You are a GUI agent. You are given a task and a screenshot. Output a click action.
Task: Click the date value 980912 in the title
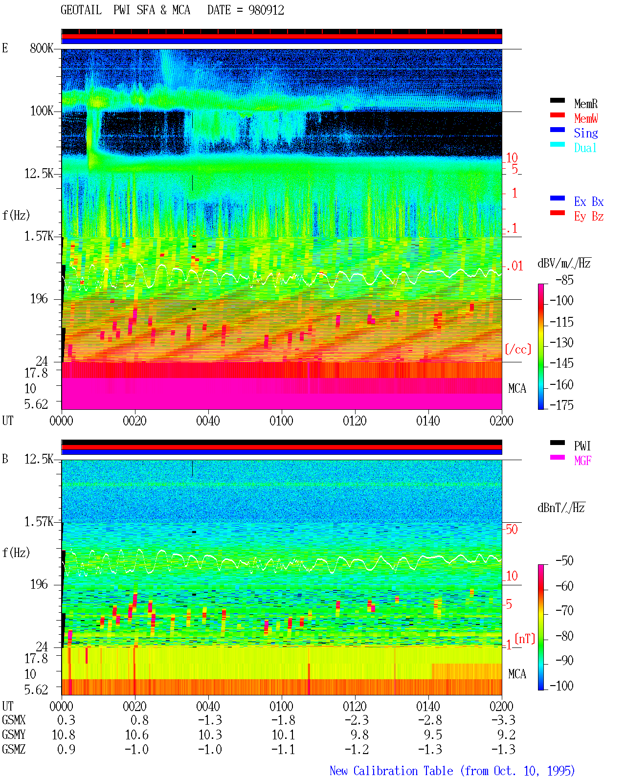[x=266, y=10]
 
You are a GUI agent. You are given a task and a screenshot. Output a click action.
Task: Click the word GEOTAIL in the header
[x=81, y=10]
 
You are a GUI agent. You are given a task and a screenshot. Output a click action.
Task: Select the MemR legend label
[x=586, y=104]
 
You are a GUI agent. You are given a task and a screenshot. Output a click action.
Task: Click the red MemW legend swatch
[x=557, y=115]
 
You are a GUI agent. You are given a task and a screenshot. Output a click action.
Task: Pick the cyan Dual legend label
[x=585, y=148]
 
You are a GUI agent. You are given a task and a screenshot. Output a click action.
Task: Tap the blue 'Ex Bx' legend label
[x=589, y=201]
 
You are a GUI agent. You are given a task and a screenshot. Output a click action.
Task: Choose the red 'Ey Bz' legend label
[x=589, y=217]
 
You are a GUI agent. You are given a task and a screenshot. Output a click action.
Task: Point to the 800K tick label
[x=42, y=48]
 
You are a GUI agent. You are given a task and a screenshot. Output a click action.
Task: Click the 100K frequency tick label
[x=42, y=111]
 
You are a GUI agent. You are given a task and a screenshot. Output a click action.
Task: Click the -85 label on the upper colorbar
[x=564, y=280]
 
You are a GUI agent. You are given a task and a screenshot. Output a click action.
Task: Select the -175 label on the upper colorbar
[x=561, y=405]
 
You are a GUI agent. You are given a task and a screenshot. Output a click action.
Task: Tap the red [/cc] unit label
[x=518, y=349]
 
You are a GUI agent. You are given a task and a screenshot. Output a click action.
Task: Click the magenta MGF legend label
[x=582, y=461]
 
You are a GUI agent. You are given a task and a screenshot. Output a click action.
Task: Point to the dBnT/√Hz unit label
[x=561, y=508]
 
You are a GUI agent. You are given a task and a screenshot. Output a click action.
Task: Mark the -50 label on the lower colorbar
[x=564, y=561]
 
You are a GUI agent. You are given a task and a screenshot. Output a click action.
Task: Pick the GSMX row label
[x=14, y=720]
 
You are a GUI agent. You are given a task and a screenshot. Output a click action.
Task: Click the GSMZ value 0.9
[x=66, y=749]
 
